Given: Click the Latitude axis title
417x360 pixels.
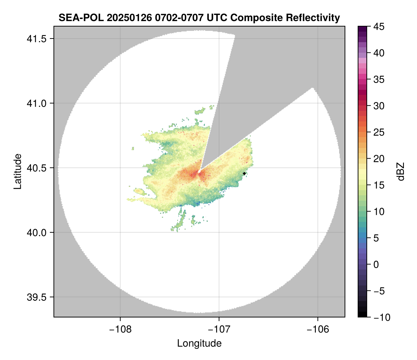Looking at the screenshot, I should pyautogui.click(x=17, y=171).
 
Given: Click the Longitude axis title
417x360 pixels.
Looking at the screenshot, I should pyautogui.click(x=199, y=343).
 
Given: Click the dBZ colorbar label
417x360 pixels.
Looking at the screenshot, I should pyautogui.click(x=401, y=172).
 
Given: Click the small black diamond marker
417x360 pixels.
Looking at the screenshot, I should pyautogui.click(x=244, y=173).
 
